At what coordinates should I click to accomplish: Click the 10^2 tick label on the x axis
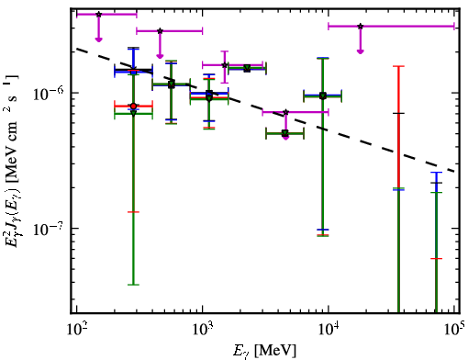(x=77, y=331)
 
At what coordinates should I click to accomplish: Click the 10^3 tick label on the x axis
(x=203, y=331)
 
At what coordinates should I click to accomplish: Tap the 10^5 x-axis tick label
(x=455, y=329)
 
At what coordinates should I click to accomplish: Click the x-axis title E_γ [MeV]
(x=264, y=351)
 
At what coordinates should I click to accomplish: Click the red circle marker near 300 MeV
(x=133, y=107)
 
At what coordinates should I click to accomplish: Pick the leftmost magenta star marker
(x=98, y=15)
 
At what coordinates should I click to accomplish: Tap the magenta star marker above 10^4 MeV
(x=361, y=27)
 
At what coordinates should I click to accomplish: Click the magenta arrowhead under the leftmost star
(x=98, y=39)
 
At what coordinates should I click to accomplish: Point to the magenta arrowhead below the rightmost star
(x=361, y=51)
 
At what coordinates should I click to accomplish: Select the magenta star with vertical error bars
(x=225, y=65)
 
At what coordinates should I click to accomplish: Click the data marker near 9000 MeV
(x=323, y=96)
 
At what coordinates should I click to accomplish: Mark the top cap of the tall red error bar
(x=398, y=66)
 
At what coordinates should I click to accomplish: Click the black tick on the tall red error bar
(x=398, y=113)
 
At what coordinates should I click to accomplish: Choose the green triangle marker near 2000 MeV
(x=247, y=68)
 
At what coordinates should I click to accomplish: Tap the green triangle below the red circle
(x=133, y=113)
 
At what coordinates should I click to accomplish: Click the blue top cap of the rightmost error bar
(x=436, y=173)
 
